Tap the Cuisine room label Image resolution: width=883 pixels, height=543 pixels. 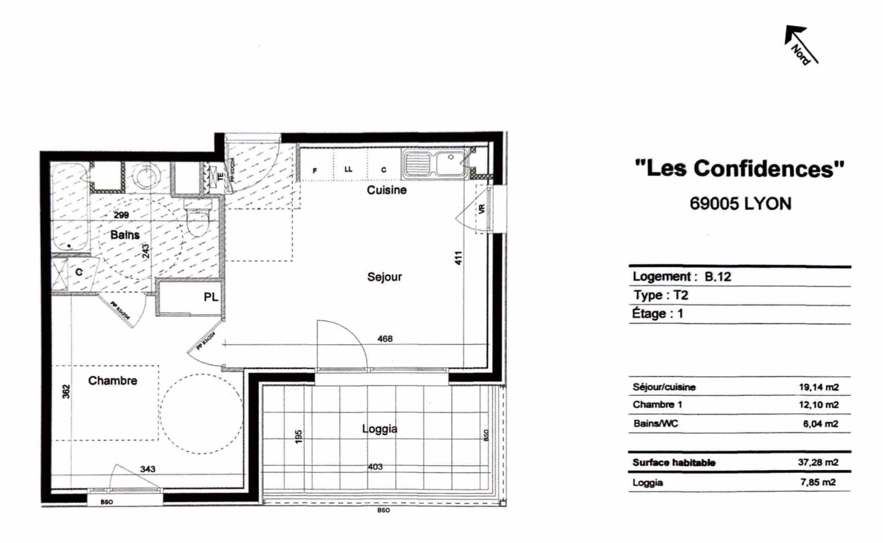coord(387,190)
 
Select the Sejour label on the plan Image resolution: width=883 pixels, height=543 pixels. coord(385,276)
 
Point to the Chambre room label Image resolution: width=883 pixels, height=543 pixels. coord(113,380)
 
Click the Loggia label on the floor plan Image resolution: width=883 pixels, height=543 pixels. coord(379,428)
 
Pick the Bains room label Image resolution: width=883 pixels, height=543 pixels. coord(125,235)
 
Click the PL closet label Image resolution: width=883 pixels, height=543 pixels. coord(211,297)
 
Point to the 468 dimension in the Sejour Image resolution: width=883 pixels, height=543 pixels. coord(385,338)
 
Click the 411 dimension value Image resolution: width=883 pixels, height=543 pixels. coord(458,258)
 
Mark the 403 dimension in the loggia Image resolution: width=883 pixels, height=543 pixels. coord(375,467)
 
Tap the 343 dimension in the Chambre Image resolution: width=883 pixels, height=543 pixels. coord(147,469)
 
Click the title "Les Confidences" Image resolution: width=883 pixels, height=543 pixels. coord(740,168)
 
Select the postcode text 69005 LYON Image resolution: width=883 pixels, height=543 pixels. coord(740,204)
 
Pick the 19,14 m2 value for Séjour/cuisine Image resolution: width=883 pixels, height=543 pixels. coord(818,387)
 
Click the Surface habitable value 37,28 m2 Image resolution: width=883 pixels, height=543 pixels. coord(817,462)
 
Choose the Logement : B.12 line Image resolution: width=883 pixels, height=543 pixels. coord(682,276)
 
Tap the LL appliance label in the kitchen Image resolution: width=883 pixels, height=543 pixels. coord(348,169)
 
